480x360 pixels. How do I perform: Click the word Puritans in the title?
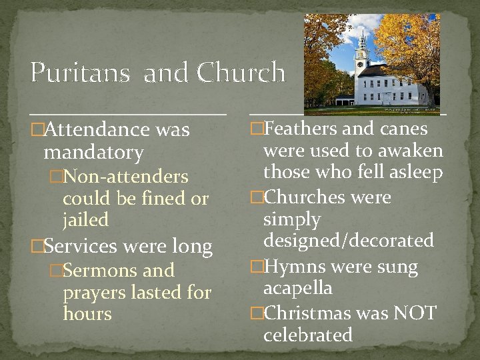tap(79, 73)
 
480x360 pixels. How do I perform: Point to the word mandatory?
tap(93, 153)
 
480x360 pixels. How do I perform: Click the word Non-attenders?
tap(127, 177)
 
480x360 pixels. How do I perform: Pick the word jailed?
tap(85, 220)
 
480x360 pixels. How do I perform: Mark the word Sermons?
tap(101, 271)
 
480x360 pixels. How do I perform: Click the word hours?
tap(87, 313)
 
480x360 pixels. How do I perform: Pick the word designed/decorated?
tap(349, 241)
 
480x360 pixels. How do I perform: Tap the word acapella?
tap(298, 289)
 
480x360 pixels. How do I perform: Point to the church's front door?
tap(385, 99)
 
